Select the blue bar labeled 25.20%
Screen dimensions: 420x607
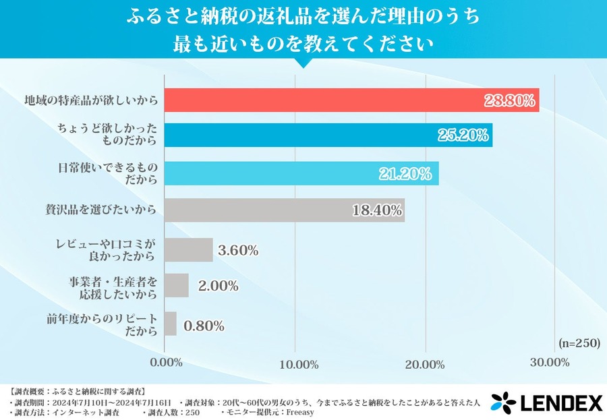coord(328,136)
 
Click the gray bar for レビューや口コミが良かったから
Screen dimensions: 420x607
coord(189,250)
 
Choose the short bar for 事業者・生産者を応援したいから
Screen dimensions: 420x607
coord(177,286)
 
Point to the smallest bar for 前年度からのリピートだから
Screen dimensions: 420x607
coord(171,324)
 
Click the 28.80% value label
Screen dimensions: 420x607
coord(510,101)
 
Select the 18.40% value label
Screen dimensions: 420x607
coord(377,210)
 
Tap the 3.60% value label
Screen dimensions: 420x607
coord(238,251)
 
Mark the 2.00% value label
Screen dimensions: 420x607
coord(218,287)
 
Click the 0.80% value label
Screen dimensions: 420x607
coord(204,326)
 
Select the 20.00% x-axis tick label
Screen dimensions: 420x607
coord(425,364)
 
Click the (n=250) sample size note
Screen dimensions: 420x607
coord(579,342)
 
